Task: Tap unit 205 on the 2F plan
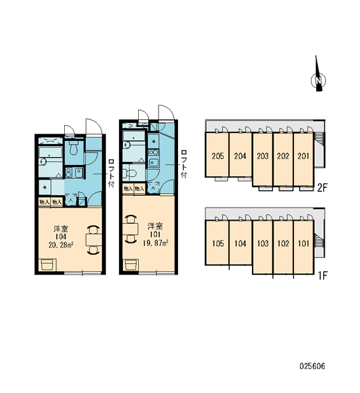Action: [x=217, y=155]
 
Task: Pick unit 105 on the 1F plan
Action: [x=217, y=242]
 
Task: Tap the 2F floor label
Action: [x=322, y=188]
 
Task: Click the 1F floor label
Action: [x=323, y=276]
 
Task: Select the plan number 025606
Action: [x=312, y=366]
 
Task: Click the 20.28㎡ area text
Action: [x=61, y=245]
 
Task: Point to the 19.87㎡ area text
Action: [x=155, y=242]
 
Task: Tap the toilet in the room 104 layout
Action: [x=73, y=148]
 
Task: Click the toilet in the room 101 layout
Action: [x=130, y=173]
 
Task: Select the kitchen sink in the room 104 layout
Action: [x=79, y=172]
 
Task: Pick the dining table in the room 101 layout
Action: [x=130, y=229]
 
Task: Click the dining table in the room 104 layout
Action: [x=94, y=240]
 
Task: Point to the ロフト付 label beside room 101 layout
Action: [x=184, y=164]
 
